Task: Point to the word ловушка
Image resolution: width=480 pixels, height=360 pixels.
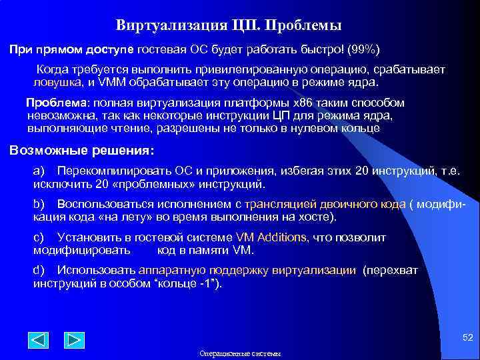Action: [58, 83]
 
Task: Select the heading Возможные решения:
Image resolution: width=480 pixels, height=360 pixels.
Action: [81, 150]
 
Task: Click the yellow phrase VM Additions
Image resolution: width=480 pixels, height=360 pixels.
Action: [271, 237]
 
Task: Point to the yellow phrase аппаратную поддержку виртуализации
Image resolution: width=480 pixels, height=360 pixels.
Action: [247, 270]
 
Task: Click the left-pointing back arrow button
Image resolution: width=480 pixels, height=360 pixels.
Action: [39, 340]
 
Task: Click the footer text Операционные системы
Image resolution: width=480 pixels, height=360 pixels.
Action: [240, 354]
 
